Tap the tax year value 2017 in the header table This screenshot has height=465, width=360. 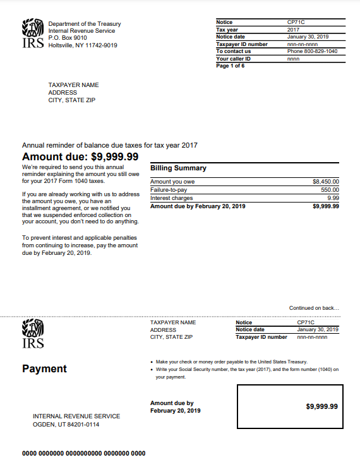(x=293, y=30)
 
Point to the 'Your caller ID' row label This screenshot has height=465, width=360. (x=233, y=59)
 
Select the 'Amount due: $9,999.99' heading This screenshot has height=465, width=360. (x=80, y=156)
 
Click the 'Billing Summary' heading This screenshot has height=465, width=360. (x=178, y=168)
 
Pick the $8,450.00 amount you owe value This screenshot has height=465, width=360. (x=326, y=182)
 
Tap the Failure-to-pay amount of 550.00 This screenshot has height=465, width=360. (x=330, y=190)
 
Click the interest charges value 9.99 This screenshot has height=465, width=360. (x=333, y=198)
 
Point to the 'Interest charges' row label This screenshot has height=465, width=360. (x=172, y=198)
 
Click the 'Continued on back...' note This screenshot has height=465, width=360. (x=314, y=308)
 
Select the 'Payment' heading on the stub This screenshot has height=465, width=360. (x=44, y=368)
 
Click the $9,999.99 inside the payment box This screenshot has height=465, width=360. (x=321, y=406)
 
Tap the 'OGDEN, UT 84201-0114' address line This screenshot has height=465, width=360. (x=66, y=425)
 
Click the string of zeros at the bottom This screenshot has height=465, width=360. (x=83, y=454)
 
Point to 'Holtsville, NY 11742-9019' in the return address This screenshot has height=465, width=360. (x=82, y=45)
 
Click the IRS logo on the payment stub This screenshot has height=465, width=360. (x=33, y=334)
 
